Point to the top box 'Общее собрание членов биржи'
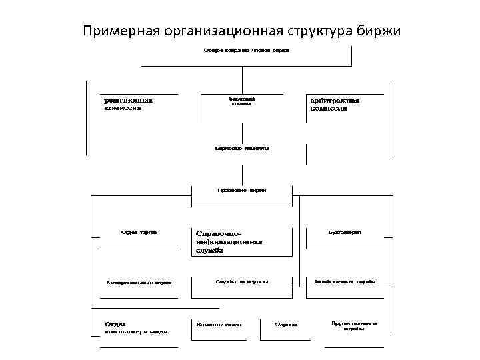pos(246,51)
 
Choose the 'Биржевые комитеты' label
pos(242,149)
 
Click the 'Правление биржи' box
pos(242,190)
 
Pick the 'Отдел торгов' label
pos(139,233)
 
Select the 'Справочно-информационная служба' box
pos(230,242)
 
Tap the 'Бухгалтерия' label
pos(345,233)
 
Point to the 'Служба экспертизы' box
pos(241,281)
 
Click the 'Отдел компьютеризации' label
pos(136,327)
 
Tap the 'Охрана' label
pos(286,324)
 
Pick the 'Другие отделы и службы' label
pos(353,326)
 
